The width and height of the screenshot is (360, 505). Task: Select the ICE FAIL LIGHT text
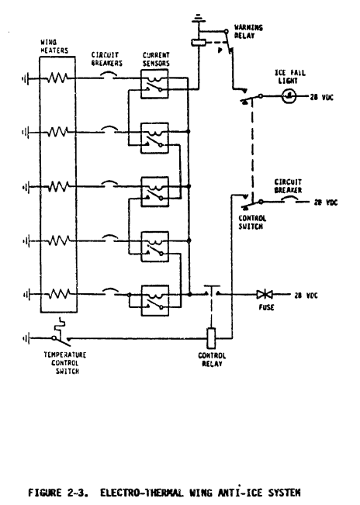pyautogui.click(x=292, y=79)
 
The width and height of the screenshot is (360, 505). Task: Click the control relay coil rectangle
pyautogui.click(x=209, y=337)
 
